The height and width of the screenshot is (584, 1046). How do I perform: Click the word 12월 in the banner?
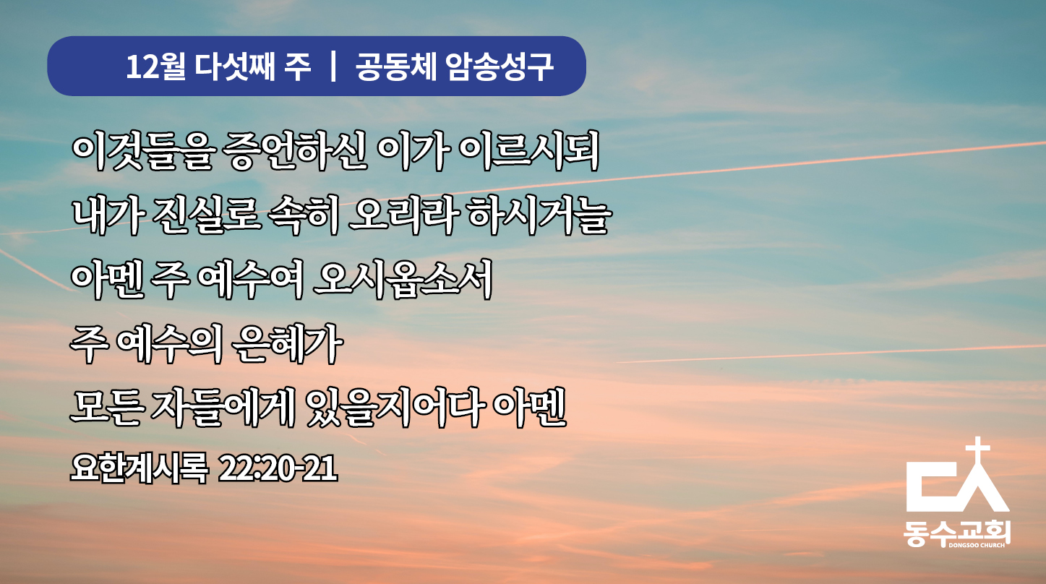[x=156, y=66]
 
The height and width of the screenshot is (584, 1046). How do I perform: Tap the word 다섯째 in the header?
[x=235, y=66]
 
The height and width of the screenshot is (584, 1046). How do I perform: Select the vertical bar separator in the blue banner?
[x=333, y=66]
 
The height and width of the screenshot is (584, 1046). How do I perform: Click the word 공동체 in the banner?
[x=396, y=66]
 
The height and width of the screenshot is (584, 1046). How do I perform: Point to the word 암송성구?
[x=500, y=66]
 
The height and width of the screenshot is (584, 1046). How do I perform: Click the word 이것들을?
[x=143, y=151]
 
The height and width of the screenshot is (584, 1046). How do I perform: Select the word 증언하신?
[x=294, y=151]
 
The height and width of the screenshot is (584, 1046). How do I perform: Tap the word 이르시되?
[x=529, y=151]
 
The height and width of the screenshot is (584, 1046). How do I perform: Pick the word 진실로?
[x=206, y=215]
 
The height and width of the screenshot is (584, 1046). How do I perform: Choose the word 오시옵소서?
[x=403, y=279]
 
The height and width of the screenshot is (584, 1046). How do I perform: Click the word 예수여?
[x=251, y=279]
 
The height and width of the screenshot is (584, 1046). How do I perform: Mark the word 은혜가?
[x=287, y=344]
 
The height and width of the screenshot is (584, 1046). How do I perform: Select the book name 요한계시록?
[x=139, y=468]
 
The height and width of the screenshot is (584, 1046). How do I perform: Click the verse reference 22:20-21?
[x=278, y=468]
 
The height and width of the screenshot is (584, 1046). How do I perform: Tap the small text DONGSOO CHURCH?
[x=977, y=545]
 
